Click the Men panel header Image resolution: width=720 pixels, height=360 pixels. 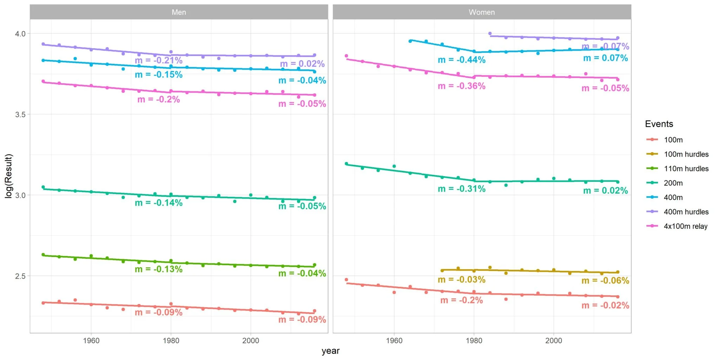[x=179, y=12]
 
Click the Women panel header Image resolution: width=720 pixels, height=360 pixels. [x=481, y=12]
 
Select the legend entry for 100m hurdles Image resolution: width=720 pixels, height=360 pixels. [x=686, y=154]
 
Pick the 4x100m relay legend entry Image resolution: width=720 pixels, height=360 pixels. [x=685, y=226]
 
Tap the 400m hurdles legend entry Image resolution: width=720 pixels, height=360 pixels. [x=686, y=212]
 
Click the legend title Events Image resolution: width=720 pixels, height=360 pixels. [x=659, y=124]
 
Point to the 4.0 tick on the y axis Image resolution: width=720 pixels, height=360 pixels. [x=20, y=34]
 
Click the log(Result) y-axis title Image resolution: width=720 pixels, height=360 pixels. [x=8, y=176]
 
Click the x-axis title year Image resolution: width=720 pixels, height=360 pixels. [x=330, y=351]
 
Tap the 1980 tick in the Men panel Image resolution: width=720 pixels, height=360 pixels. [x=171, y=341]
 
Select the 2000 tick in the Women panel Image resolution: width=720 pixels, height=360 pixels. [x=553, y=341]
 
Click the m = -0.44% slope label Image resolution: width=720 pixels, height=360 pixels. [x=461, y=60]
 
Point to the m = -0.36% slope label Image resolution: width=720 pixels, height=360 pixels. [x=461, y=86]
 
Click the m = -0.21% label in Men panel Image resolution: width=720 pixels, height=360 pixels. [x=159, y=60]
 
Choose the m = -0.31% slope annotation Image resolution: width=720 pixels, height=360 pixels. [x=461, y=189]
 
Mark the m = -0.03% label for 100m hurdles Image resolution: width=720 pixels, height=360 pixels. [x=461, y=280]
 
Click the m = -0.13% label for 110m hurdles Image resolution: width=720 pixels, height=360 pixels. [x=159, y=269]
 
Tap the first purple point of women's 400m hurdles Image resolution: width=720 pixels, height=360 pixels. [x=490, y=34]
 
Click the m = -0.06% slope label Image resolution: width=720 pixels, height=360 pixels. [x=605, y=281]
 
